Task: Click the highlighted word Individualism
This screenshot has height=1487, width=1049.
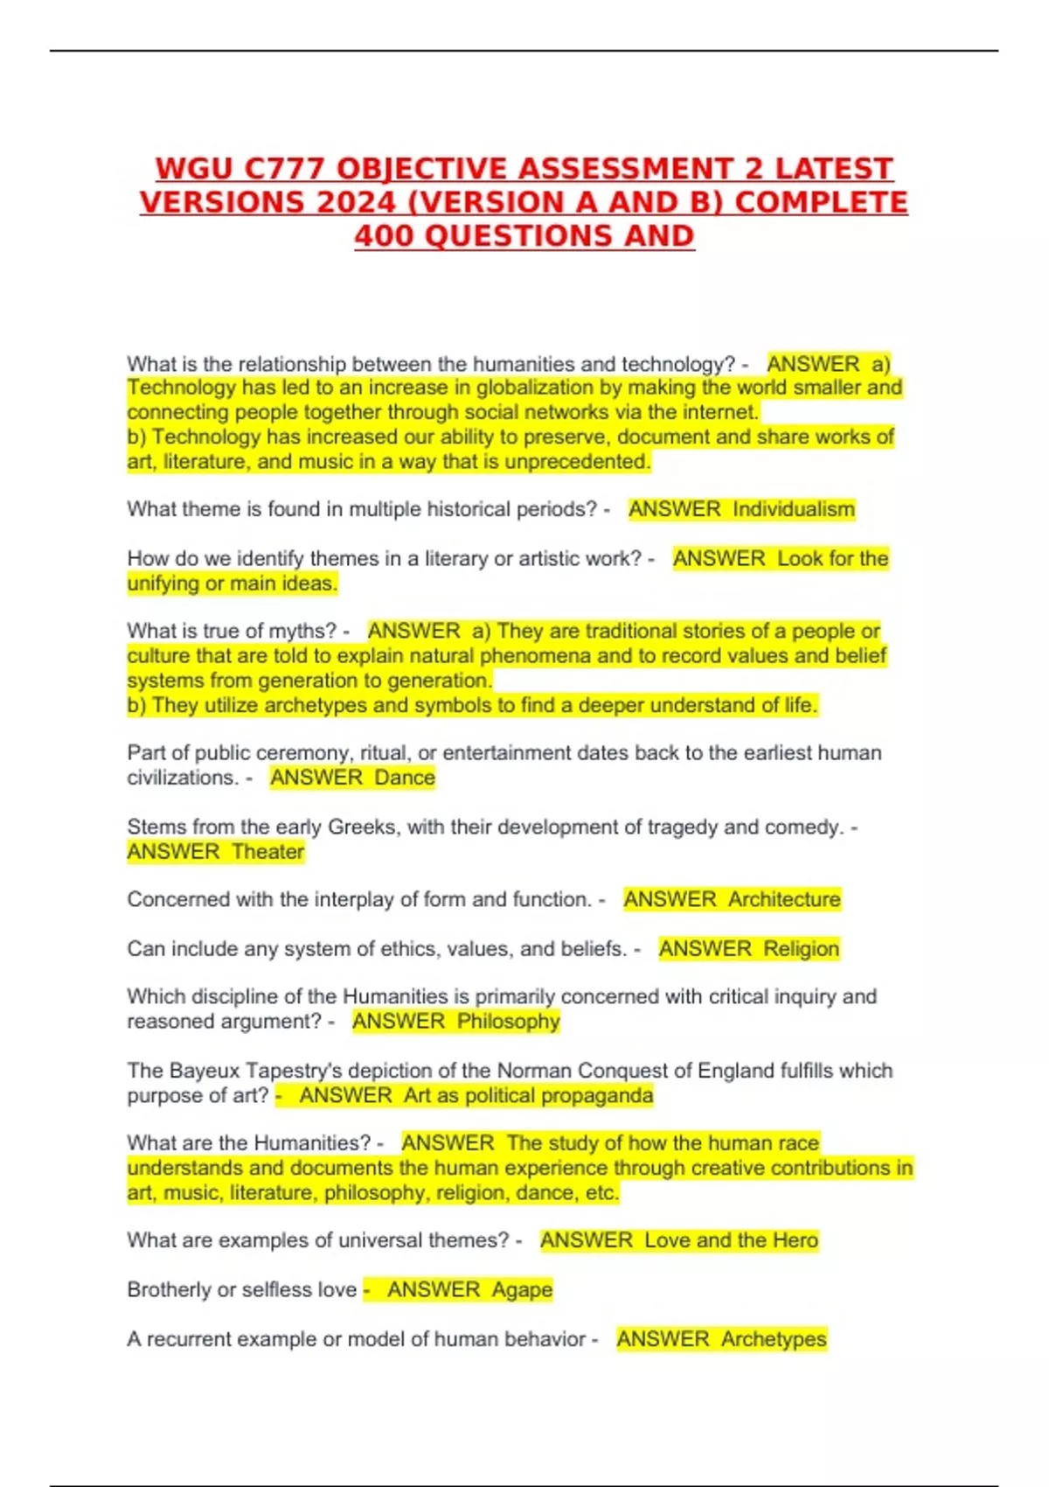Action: (x=794, y=509)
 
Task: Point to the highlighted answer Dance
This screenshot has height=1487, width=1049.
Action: (x=405, y=778)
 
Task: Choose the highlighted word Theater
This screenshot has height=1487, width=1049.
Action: (x=268, y=852)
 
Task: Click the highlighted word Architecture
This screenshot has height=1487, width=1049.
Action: (x=784, y=899)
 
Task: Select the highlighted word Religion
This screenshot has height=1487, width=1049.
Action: (x=801, y=949)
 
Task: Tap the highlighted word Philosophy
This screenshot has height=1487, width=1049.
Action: (x=508, y=1022)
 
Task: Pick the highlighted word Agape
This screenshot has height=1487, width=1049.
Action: (x=522, y=1290)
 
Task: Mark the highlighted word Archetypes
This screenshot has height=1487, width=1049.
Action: (x=774, y=1339)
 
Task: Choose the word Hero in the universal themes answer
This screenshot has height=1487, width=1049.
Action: (x=795, y=1240)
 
